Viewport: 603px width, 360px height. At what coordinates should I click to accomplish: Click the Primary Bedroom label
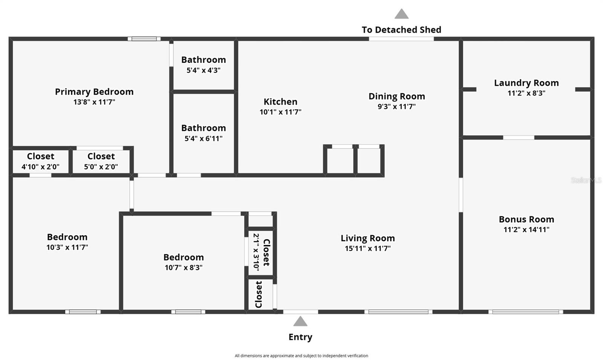94,92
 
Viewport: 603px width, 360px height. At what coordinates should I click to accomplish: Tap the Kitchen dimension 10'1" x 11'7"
280,112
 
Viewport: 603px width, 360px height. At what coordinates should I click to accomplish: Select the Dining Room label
396,97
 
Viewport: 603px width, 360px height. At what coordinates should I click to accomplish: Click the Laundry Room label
526,83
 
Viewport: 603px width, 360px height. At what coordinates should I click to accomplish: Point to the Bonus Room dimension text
526,230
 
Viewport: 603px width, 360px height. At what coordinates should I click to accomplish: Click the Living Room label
367,238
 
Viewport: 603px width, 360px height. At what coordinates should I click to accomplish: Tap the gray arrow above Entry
300,322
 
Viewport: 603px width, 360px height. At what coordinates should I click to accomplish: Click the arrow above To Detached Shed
401,14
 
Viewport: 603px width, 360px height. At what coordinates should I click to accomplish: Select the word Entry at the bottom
300,337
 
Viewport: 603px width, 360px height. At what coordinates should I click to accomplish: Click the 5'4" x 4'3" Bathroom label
204,60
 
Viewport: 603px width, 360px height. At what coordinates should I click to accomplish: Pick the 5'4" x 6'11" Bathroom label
204,128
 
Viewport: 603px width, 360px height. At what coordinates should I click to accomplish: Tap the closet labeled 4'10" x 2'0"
40,156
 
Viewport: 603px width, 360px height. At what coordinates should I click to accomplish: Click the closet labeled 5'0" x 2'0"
101,156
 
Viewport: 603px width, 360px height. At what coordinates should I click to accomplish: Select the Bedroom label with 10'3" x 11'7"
67,237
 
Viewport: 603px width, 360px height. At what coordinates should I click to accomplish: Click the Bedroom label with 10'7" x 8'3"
184,257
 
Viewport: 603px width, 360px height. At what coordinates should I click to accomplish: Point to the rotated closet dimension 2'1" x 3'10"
256,252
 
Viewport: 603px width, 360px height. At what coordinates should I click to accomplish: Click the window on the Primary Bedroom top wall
144,39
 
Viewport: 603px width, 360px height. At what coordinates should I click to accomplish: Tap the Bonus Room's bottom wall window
526,312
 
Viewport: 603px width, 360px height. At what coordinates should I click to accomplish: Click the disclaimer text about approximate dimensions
301,355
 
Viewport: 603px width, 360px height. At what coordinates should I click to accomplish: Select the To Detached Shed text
401,30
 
